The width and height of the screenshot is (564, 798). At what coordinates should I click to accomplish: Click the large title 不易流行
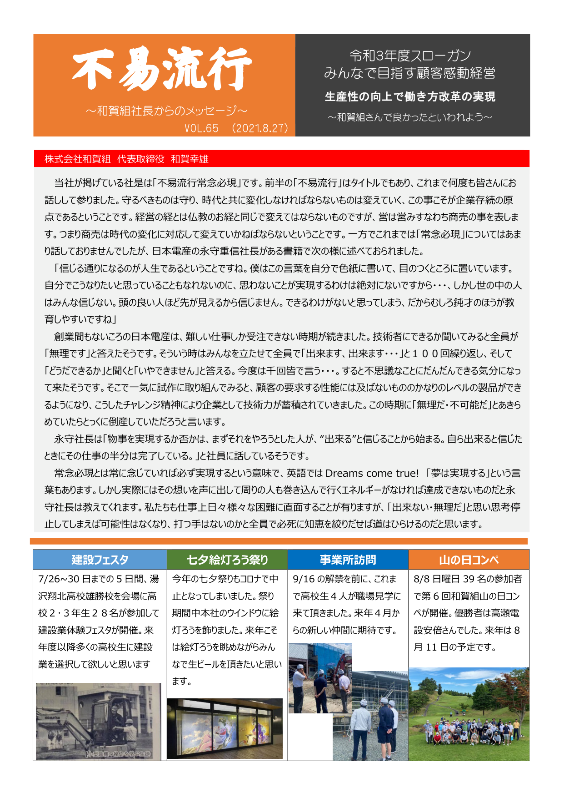tap(162, 69)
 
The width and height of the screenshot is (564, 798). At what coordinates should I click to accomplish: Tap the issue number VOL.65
tap(201, 128)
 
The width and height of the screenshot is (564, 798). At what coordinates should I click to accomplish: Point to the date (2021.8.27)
tap(260, 128)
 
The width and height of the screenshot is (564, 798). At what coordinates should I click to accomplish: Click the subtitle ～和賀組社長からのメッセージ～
tap(166, 111)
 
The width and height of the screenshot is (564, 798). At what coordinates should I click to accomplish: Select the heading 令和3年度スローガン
tap(410, 56)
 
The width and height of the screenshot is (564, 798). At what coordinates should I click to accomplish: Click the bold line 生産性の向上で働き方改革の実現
tap(410, 96)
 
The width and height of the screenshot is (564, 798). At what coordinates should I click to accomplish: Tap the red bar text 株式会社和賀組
tap(77, 159)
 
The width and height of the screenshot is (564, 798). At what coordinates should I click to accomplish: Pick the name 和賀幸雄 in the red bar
tap(190, 159)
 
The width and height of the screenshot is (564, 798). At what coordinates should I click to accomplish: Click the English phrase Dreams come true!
tap(372, 473)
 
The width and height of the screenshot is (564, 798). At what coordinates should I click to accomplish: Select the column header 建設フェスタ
tap(100, 560)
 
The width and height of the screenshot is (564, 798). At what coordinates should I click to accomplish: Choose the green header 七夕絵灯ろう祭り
tap(227, 560)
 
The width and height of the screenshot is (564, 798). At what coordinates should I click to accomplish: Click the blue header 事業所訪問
tap(348, 560)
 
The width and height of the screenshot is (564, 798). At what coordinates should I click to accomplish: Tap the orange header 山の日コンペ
tap(469, 560)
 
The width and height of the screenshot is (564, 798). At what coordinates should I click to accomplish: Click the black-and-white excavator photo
tap(99, 721)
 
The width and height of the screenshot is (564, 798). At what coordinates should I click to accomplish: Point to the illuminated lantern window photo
tap(225, 728)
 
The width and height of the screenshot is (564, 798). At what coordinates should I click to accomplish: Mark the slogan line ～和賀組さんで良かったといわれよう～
tap(410, 117)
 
